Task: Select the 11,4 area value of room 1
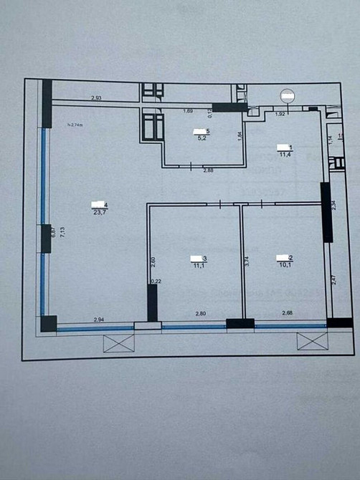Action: [x=284, y=153]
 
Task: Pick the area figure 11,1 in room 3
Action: [x=197, y=264]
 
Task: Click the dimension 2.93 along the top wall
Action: [x=97, y=97]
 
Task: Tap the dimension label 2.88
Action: [x=209, y=171]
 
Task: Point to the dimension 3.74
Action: [x=247, y=261]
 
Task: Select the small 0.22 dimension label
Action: [x=156, y=282]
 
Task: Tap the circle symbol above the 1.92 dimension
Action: [x=288, y=95]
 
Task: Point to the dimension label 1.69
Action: [x=188, y=111]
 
